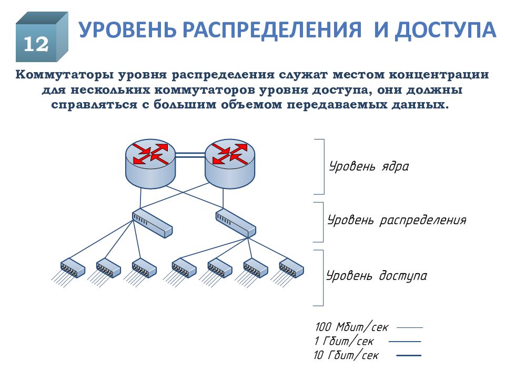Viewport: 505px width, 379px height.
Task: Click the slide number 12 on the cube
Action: pos(36,44)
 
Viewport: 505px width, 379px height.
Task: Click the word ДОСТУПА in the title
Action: pos(446,30)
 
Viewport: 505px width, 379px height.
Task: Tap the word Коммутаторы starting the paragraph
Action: pos(64,75)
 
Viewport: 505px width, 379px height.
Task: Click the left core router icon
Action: pos(150,163)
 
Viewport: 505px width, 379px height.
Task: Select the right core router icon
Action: pos(230,163)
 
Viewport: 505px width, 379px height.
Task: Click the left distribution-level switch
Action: pos(153,223)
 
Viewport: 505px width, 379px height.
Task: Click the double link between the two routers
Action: pos(190,155)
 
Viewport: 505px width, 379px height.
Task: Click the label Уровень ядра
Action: pos(369,167)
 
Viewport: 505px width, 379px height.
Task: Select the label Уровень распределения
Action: pos(397,221)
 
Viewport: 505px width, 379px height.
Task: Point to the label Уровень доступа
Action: pos(377,276)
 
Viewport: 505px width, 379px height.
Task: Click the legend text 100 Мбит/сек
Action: pos(352,327)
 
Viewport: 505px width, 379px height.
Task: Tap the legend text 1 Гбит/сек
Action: pos(344,341)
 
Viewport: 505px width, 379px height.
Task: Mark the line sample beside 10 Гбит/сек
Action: pos(409,355)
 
